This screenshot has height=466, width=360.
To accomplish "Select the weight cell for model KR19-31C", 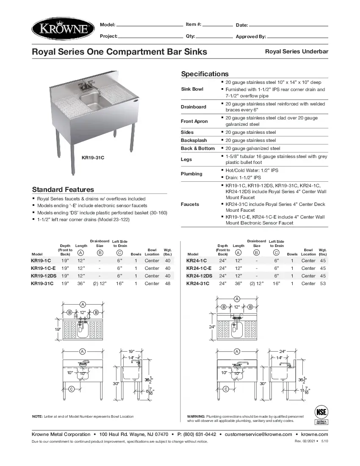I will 167,283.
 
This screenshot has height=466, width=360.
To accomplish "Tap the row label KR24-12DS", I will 199,276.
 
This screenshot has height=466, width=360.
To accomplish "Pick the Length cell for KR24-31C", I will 238,283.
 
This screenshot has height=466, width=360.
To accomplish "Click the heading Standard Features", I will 63,189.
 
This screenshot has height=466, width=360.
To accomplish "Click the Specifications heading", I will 205,74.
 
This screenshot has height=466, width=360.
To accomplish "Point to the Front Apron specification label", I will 194,121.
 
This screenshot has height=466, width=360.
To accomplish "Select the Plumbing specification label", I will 191,174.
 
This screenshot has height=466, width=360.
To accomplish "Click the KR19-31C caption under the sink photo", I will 93,158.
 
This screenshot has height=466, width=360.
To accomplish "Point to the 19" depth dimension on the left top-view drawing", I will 58,329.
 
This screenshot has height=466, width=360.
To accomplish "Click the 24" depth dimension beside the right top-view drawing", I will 212,327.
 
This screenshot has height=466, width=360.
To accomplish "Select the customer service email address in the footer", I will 258,434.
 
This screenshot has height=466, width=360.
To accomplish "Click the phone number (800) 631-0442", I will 197,434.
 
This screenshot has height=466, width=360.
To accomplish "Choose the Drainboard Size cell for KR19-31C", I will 100,283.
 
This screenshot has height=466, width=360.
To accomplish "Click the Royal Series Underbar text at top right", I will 297,52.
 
